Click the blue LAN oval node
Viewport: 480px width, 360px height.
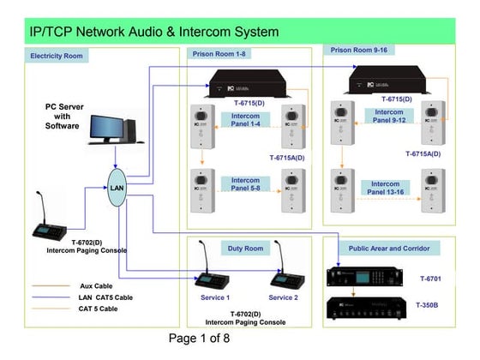117,188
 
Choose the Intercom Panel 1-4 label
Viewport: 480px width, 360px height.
246,120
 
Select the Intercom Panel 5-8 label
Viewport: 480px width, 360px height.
246,184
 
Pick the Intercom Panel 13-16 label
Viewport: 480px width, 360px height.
386,188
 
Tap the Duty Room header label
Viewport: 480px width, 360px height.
245,248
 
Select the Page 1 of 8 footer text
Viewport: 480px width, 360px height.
199,338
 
